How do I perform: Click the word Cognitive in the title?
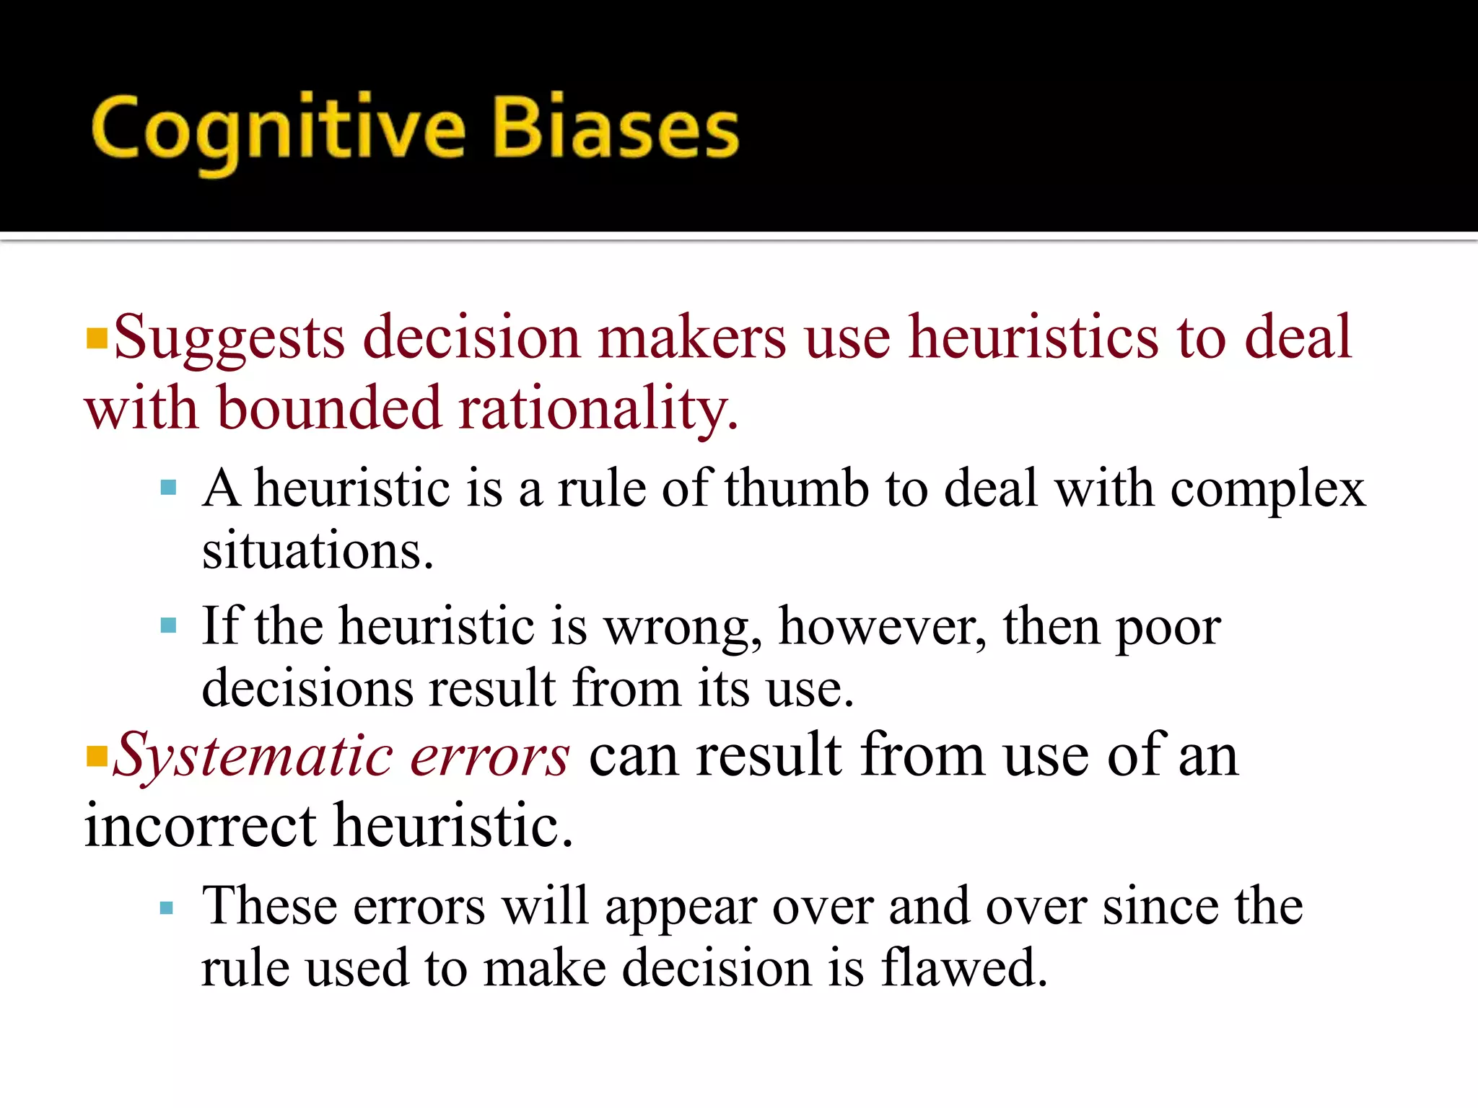point(279,130)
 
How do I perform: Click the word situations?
point(318,551)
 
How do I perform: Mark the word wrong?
point(683,626)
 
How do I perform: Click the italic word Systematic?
point(253,756)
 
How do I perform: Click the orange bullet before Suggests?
point(96,338)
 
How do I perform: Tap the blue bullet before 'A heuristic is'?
point(169,488)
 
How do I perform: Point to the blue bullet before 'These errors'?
point(167,907)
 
